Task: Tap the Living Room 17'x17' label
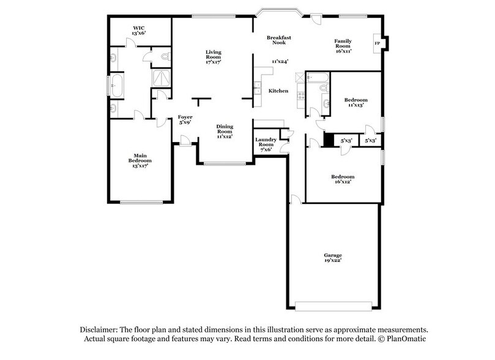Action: [212, 58]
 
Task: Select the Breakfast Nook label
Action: [278, 40]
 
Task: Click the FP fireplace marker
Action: [377, 44]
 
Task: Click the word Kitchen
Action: [278, 91]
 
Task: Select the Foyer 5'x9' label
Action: [185, 119]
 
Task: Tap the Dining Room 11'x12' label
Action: [225, 132]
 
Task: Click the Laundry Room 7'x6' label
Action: [266, 144]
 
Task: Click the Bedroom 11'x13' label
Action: [355, 102]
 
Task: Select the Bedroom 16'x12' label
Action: [343, 180]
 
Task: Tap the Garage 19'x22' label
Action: [333, 258]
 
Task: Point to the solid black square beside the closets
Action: [329, 140]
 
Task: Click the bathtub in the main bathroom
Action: [118, 86]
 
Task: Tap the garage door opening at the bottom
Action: [333, 304]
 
